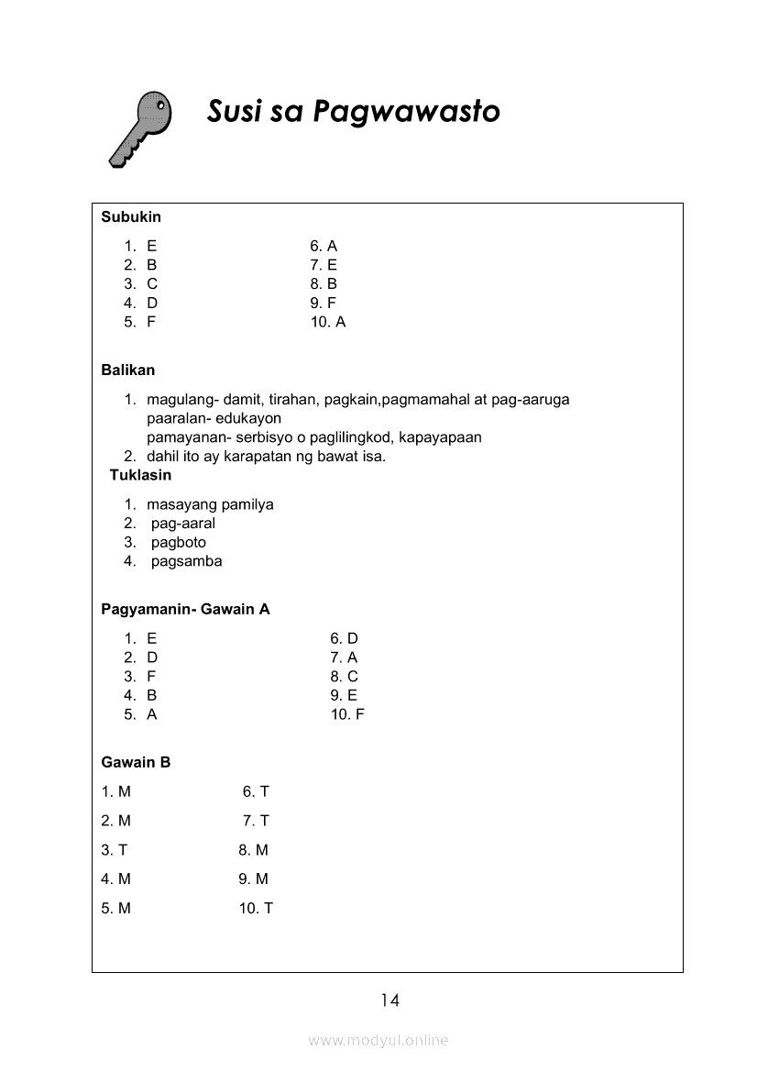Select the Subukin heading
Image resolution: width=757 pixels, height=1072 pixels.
pos(131,217)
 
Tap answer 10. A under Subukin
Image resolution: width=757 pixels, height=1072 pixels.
pos(328,322)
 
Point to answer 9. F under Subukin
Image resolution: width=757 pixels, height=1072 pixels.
pos(324,303)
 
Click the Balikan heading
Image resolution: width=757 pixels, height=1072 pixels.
pos(128,370)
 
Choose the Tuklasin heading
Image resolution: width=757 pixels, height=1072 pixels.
pos(140,475)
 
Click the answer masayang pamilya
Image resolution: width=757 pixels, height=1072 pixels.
pos(210,504)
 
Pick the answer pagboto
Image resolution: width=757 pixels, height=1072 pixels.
pos(179,542)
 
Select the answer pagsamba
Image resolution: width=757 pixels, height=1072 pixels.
pos(186,561)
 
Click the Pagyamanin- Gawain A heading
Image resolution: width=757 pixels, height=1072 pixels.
pos(185,609)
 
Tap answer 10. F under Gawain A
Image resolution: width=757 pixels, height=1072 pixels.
pos(347,714)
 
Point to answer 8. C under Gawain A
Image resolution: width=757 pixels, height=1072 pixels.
pos(345,677)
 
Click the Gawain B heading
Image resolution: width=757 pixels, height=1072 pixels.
pos(136,762)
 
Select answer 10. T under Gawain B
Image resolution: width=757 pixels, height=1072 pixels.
pos(256,909)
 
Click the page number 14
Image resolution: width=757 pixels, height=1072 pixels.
pos(390,1000)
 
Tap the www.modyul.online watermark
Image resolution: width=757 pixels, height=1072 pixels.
pos(378,1041)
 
